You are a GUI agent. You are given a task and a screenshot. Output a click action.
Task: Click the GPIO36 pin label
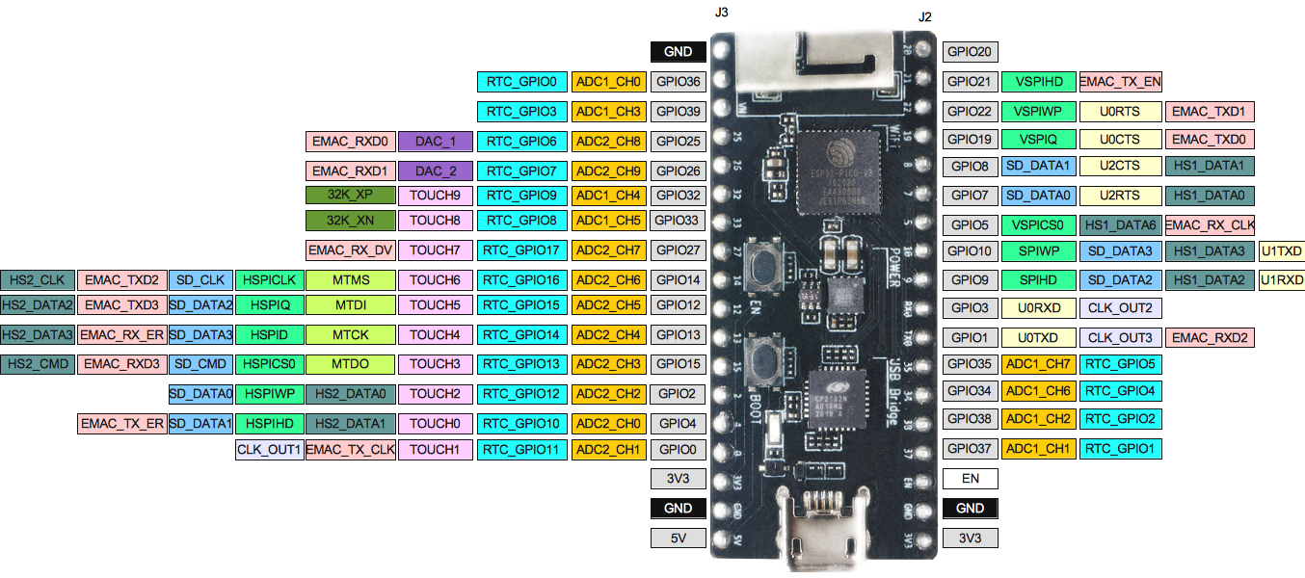679,82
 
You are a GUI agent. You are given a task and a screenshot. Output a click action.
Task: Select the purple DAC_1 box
436,142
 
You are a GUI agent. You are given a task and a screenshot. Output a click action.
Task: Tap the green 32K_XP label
350,195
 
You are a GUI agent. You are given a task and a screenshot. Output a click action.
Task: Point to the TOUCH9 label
435,195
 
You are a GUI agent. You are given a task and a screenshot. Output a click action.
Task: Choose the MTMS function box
351,280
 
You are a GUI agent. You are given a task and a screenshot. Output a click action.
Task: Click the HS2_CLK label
37,280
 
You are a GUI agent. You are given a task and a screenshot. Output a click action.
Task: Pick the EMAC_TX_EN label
1120,82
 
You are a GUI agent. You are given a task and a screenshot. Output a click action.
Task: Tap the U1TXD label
1282,251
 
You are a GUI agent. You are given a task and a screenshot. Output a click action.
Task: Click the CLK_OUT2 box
1120,309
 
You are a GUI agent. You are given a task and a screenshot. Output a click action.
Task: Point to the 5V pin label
679,538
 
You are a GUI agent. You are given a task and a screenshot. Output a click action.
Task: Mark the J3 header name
722,13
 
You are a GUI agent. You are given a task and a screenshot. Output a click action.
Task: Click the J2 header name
925,16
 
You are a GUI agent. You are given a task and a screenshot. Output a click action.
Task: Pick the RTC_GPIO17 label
521,250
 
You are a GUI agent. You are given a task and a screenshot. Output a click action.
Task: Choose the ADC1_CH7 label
1037,364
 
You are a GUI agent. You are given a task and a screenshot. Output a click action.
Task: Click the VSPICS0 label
1037,225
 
